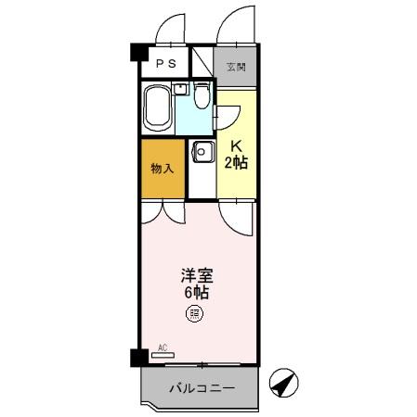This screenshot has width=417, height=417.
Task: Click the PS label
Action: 166,64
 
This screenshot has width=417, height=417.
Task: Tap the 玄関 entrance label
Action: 236,68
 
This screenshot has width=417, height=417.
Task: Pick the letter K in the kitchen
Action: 237,146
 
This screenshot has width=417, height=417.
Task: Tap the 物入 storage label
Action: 163,170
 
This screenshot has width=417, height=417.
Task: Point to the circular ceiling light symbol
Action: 195,313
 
